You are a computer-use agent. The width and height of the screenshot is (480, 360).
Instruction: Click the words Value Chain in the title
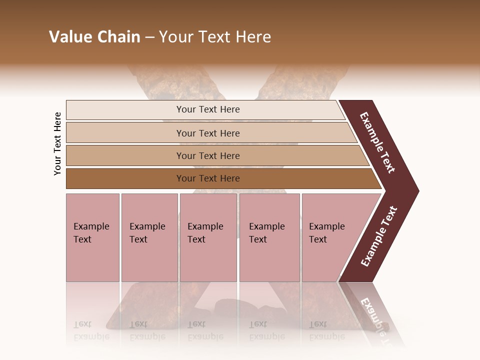point(94,37)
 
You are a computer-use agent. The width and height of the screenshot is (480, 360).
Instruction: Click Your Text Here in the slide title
point(215,37)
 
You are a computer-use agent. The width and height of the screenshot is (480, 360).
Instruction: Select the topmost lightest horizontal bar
point(125,110)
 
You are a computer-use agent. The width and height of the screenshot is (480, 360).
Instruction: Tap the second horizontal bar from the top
point(125,133)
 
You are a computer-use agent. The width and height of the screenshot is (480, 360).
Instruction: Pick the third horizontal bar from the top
point(125,155)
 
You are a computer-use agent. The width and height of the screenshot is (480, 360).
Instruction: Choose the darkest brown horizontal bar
point(125,178)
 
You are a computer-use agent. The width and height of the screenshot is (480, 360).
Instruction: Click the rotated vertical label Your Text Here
point(57,143)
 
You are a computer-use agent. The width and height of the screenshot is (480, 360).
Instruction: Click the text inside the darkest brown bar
point(208,178)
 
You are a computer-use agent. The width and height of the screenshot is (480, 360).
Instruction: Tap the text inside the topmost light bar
point(208,109)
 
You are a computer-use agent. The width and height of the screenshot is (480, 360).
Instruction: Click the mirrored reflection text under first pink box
point(91,330)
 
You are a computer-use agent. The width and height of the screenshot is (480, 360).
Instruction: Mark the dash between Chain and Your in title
point(149,37)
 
